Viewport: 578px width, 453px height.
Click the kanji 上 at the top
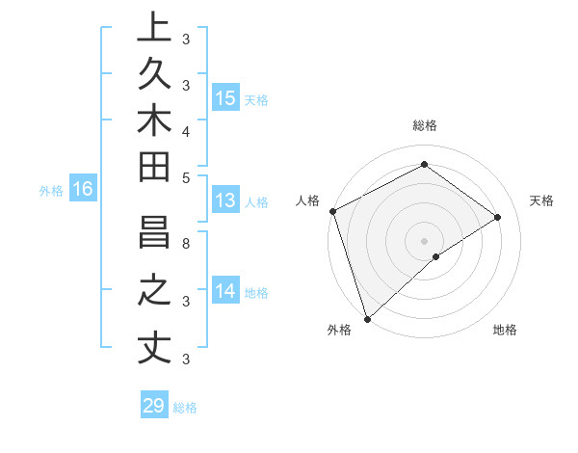tap(154, 26)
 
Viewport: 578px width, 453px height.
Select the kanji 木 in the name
tap(154, 120)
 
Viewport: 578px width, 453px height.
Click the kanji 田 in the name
tap(154, 167)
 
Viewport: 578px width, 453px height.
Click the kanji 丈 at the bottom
tap(154, 348)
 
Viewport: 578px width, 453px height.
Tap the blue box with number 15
tap(224, 98)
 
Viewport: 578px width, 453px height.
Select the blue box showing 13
tap(224, 200)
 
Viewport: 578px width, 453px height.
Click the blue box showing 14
tap(224, 290)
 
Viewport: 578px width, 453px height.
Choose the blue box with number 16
tap(82, 190)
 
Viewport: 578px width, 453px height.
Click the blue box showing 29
tap(153, 406)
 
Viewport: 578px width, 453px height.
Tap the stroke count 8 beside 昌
tap(186, 243)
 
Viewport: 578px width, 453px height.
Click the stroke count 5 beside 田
tap(186, 177)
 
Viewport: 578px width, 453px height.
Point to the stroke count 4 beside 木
tap(186, 130)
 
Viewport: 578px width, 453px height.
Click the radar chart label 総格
tap(424, 125)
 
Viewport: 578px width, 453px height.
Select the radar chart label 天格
tap(541, 200)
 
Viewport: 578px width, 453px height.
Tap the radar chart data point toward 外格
tap(367, 318)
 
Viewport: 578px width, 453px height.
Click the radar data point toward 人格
tap(332, 211)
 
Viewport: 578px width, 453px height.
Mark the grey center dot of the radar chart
tap(424, 240)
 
